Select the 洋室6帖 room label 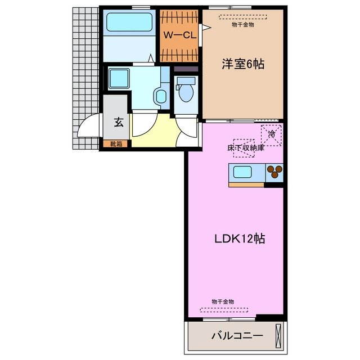coord(242,65)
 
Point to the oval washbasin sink coord(161,96)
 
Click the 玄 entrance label coord(119,121)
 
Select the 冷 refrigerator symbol coord(272,134)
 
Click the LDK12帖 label coord(240,238)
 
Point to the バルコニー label coord(237,336)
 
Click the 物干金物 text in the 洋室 coord(242,24)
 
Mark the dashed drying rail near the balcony coord(224,309)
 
